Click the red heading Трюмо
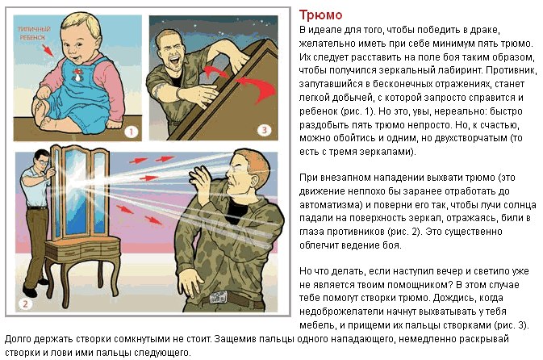click(320, 15)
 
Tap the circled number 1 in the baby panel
click(132, 132)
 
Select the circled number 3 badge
click(264, 130)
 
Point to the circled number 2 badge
click(25, 303)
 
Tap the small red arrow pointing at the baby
click(48, 51)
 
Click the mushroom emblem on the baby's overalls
click(77, 74)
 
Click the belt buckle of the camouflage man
click(218, 298)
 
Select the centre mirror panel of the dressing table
click(76, 190)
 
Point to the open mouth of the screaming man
click(175, 61)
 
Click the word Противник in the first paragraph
click(511, 70)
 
